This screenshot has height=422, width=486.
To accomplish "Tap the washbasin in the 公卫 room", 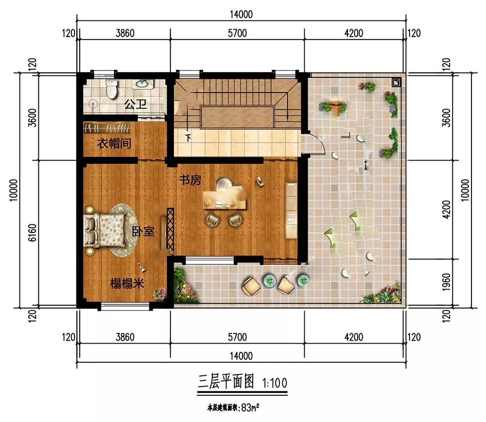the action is (143, 84).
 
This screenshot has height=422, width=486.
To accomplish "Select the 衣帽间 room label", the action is (114, 143).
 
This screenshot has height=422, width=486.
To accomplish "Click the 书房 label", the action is (190, 180).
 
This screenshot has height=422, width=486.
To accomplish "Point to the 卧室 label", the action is (143, 231).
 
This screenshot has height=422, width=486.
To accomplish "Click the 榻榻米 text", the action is (127, 283).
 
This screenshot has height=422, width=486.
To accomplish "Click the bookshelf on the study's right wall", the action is (291, 211).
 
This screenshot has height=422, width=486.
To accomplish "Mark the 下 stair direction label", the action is (188, 138).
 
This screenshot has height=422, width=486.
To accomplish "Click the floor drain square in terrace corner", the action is (397, 82).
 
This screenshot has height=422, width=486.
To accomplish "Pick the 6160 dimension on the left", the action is (32, 233).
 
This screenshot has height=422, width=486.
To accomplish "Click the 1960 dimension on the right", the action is (446, 282).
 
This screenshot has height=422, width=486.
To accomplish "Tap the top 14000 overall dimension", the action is (241, 14).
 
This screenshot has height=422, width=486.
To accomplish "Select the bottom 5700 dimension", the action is (238, 337).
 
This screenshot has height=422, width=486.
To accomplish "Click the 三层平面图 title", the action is (226, 381).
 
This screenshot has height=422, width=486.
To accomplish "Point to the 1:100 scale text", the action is (275, 383).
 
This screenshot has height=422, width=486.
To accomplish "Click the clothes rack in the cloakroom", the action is (107, 128).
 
